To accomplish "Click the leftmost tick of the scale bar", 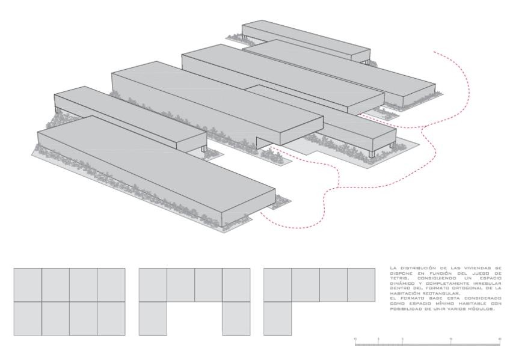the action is [355, 340].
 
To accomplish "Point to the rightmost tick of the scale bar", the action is [500, 340].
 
